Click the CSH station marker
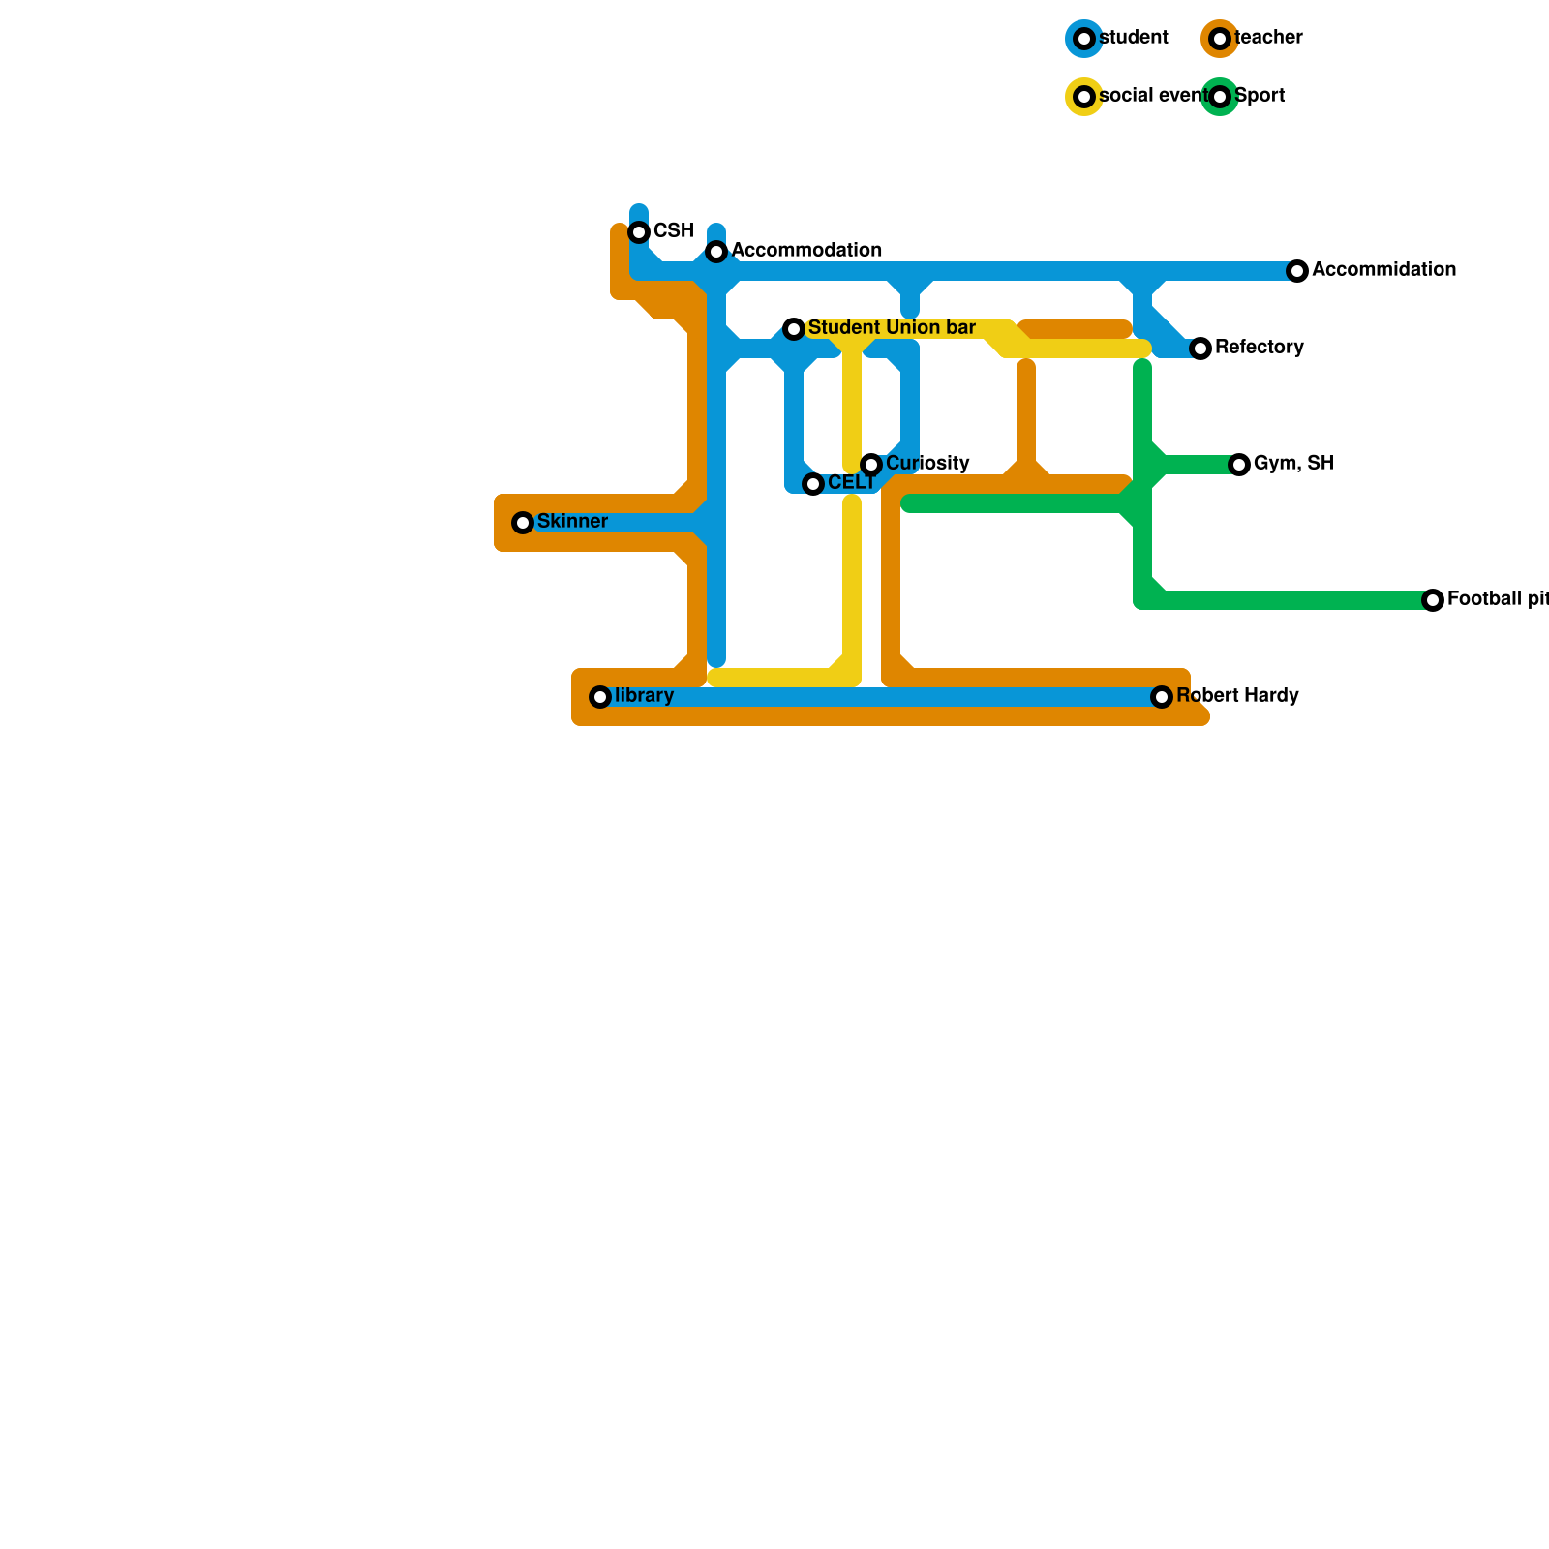click(639, 232)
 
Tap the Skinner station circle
click(523, 523)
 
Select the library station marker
click(600, 697)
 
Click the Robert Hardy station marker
click(1162, 697)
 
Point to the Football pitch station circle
click(1433, 600)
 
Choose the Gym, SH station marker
click(1239, 465)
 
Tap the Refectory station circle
click(1200, 349)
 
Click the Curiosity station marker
click(871, 465)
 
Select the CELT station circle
click(813, 484)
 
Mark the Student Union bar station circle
click(794, 329)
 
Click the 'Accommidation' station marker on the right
click(1297, 271)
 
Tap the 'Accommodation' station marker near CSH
click(716, 252)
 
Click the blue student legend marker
click(1084, 39)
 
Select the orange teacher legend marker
click(1220, 39)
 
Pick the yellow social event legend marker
click(1084, 97)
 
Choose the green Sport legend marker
click(1220, 97)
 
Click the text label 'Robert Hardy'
click(1237, 696)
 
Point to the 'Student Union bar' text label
click(892, 328)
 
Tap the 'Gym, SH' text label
click(1293, 464)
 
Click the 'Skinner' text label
click(572, 522)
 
